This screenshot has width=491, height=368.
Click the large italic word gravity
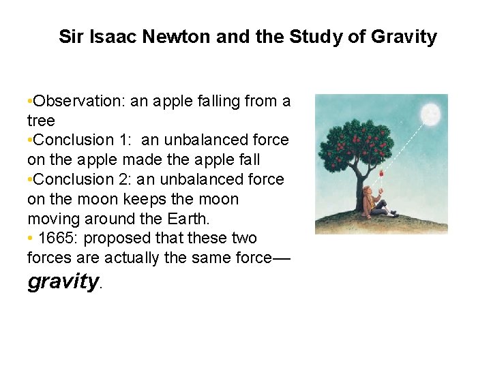click(63, 281)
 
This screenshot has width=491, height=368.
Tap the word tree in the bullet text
click(41, 121)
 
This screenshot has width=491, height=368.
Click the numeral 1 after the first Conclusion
click(124, 140)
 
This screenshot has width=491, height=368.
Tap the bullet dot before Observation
click(30, 102)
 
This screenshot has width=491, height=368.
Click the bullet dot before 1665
click(30, 239)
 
